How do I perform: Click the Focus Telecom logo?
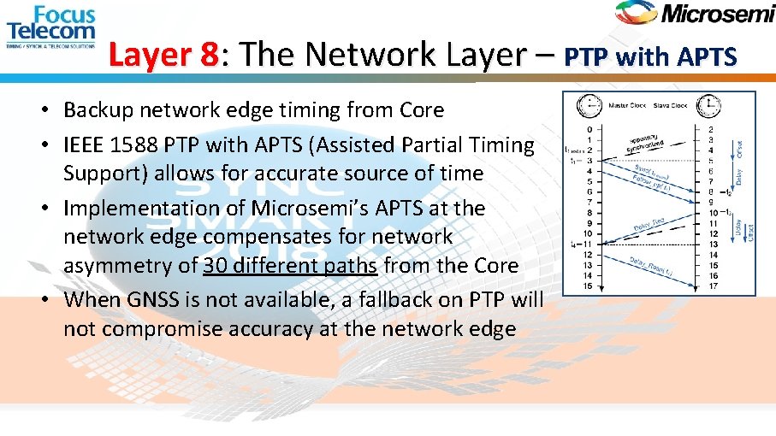pyautogui.click(x=51, y=27)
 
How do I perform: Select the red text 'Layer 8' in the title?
pyautogui.click(x=164, y=56)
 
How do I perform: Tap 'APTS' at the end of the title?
pyautogui.click(x=706, y=57)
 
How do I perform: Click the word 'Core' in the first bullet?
pyautogui.click(x=422, y=110)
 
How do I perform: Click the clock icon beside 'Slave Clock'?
pyautogui.click(x=708, y=106)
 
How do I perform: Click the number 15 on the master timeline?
pyautogui.click(x=588, y=286)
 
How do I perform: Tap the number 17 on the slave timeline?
pyautogui.click(x=712, y=286)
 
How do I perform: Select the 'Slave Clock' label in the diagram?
pyautogui.click(x=672, y=106)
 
